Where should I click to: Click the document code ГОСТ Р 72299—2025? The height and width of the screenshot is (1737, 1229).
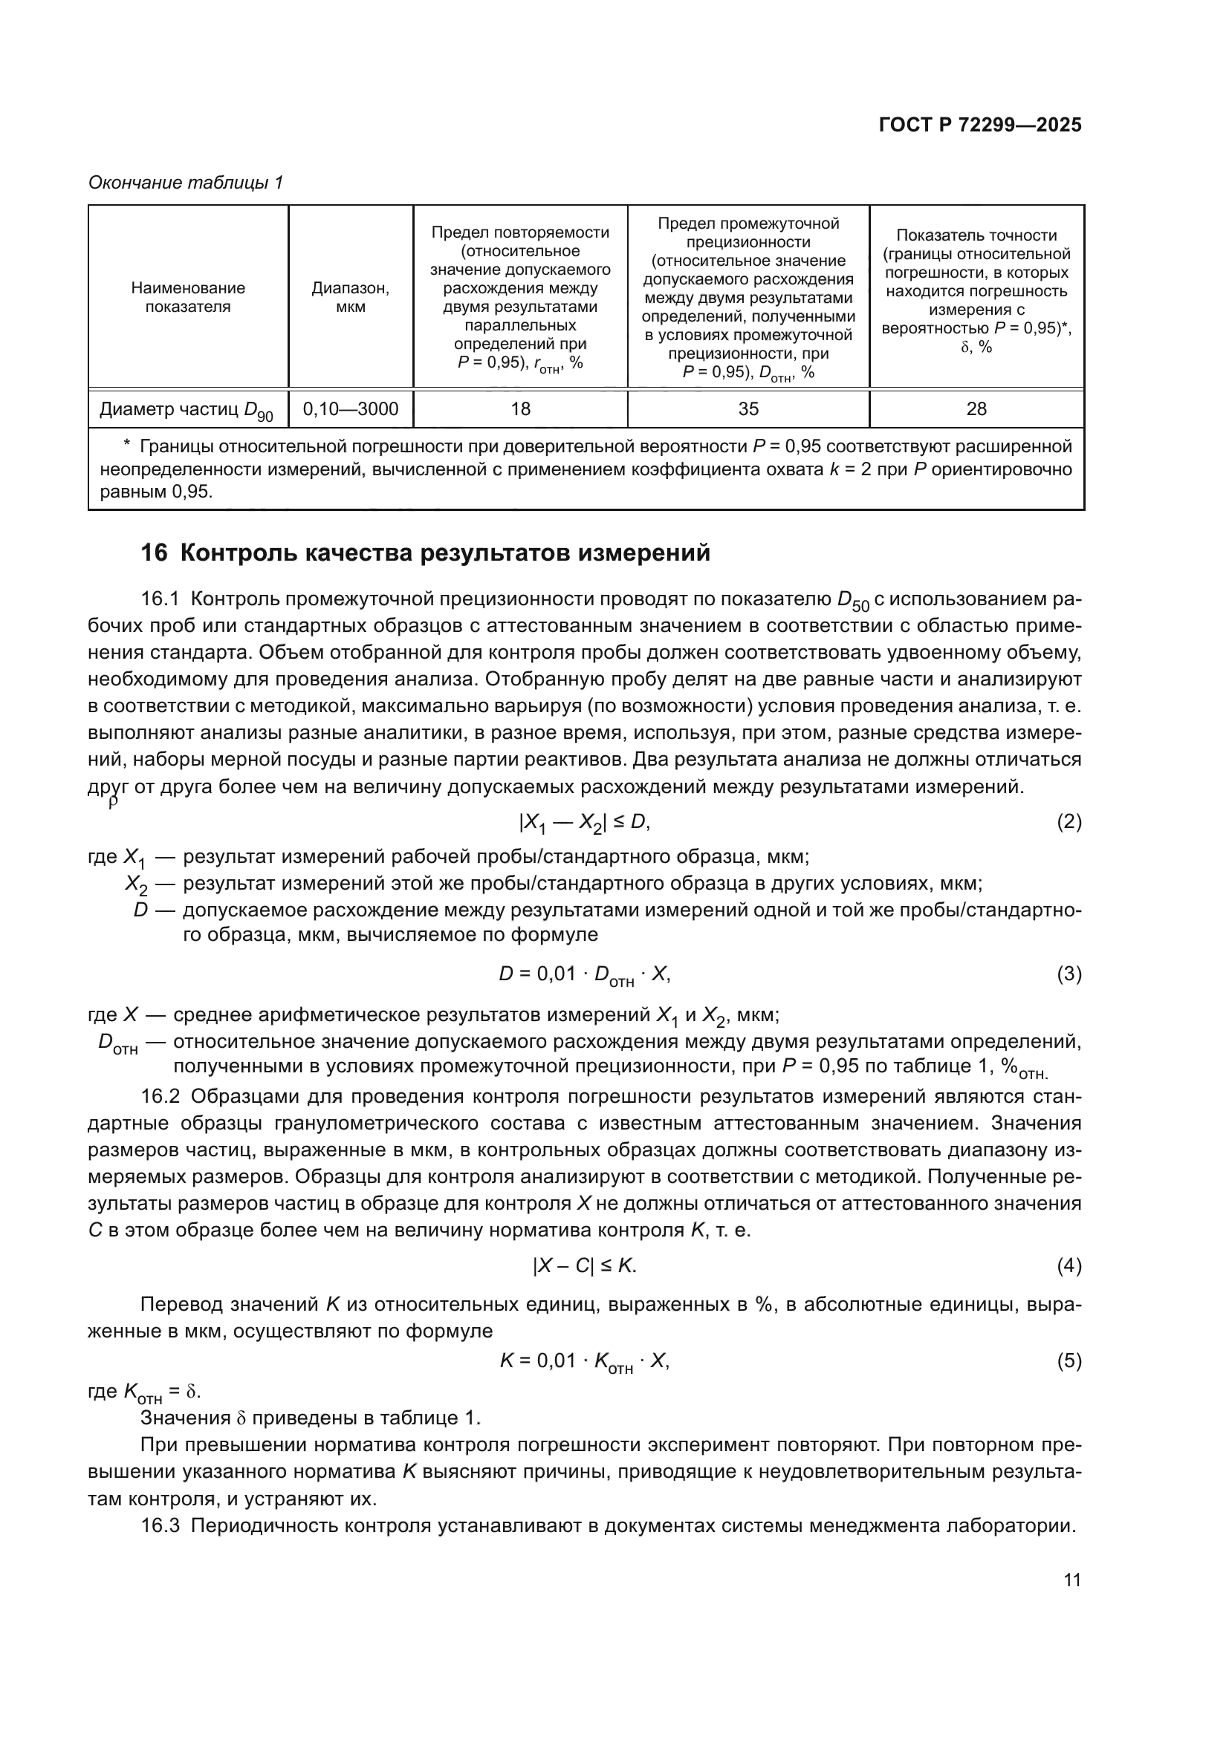pyautogui.click(x=980, y=126)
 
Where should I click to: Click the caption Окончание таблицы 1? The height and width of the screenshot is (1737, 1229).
pyautogui.click(x=186, y=183)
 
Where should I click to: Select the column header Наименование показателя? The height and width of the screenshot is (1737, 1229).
pyautogui.click(x=188, y=296)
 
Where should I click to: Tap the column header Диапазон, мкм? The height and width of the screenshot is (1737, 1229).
pyautogui.click(x=351, y=296)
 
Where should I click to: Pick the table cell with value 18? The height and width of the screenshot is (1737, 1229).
pyautogui.click(x=520, y=409)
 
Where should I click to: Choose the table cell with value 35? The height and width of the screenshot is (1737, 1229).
pyautogui.click(x=748, y=409)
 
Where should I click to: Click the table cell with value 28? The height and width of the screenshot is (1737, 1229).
pyautogui.click(x=976, y=409)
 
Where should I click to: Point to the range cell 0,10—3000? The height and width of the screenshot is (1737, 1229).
pyautogui.click(x=351, y=409)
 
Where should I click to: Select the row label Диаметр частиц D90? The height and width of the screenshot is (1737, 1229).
pyautogui.click(x=187, y=411)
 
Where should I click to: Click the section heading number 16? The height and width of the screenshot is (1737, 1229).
pyautogui.click(x=154, y=553)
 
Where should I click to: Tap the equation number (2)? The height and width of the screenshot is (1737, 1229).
pyautogui.click(x=1069, y=821)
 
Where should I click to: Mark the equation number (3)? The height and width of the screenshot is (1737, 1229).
pyautogui.click(x=1069, y=974)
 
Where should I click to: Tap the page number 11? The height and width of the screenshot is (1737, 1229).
pyautogui.click(x=1071, y=1580)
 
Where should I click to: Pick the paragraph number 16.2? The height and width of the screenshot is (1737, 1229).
pyautogui.click(x=160, y=1097)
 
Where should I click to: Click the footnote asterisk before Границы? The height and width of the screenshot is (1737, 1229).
pyautogui.click(x=127, y=446)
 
